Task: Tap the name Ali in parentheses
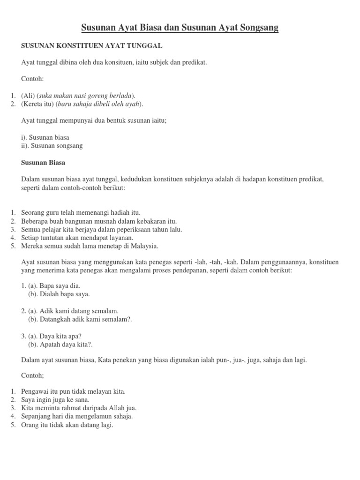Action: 28,96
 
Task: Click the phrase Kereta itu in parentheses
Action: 38,104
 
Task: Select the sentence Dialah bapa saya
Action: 59,294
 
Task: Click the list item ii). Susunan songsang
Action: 52,146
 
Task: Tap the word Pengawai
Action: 37,391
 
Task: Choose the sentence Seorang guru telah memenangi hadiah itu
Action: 81,212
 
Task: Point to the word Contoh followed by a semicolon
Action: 32,375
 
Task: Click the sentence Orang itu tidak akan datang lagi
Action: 67,425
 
